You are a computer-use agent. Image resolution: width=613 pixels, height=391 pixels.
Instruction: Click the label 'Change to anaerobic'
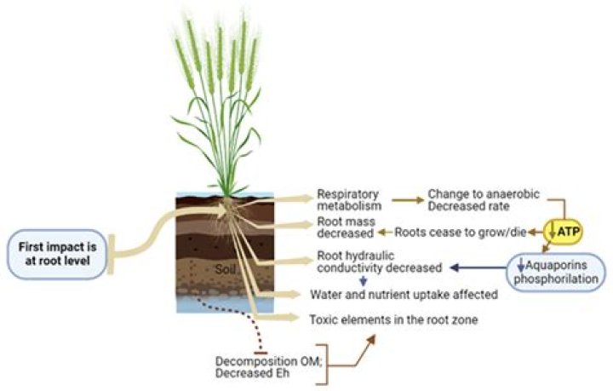[x=479, y=193]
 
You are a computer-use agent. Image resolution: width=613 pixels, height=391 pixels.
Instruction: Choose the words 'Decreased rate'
[x=468, y=205]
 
